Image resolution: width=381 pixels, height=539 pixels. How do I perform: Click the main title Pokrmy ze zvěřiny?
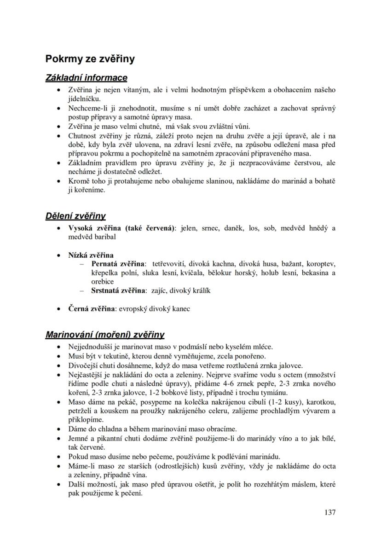click(x=90, y=59)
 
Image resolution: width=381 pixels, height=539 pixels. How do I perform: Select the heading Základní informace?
click(x=86, y=78)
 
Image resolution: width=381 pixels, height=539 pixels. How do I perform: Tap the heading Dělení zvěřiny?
click(x=75, y=216)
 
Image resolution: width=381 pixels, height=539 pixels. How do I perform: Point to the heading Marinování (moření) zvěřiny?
click(x=104, y=335)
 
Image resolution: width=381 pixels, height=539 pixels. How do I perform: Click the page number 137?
click(x=329, y=512)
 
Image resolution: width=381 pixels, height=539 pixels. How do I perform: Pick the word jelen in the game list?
click(x=189, y=228)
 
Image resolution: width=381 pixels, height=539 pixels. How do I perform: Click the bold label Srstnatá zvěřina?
click(x=118, y=290)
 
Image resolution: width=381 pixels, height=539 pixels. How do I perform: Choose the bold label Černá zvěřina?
click(x=91, y=309)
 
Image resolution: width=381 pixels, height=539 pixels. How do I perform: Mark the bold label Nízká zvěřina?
click(x=91, y=255)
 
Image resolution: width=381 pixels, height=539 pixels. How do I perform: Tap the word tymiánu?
click(x=275, y=392)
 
